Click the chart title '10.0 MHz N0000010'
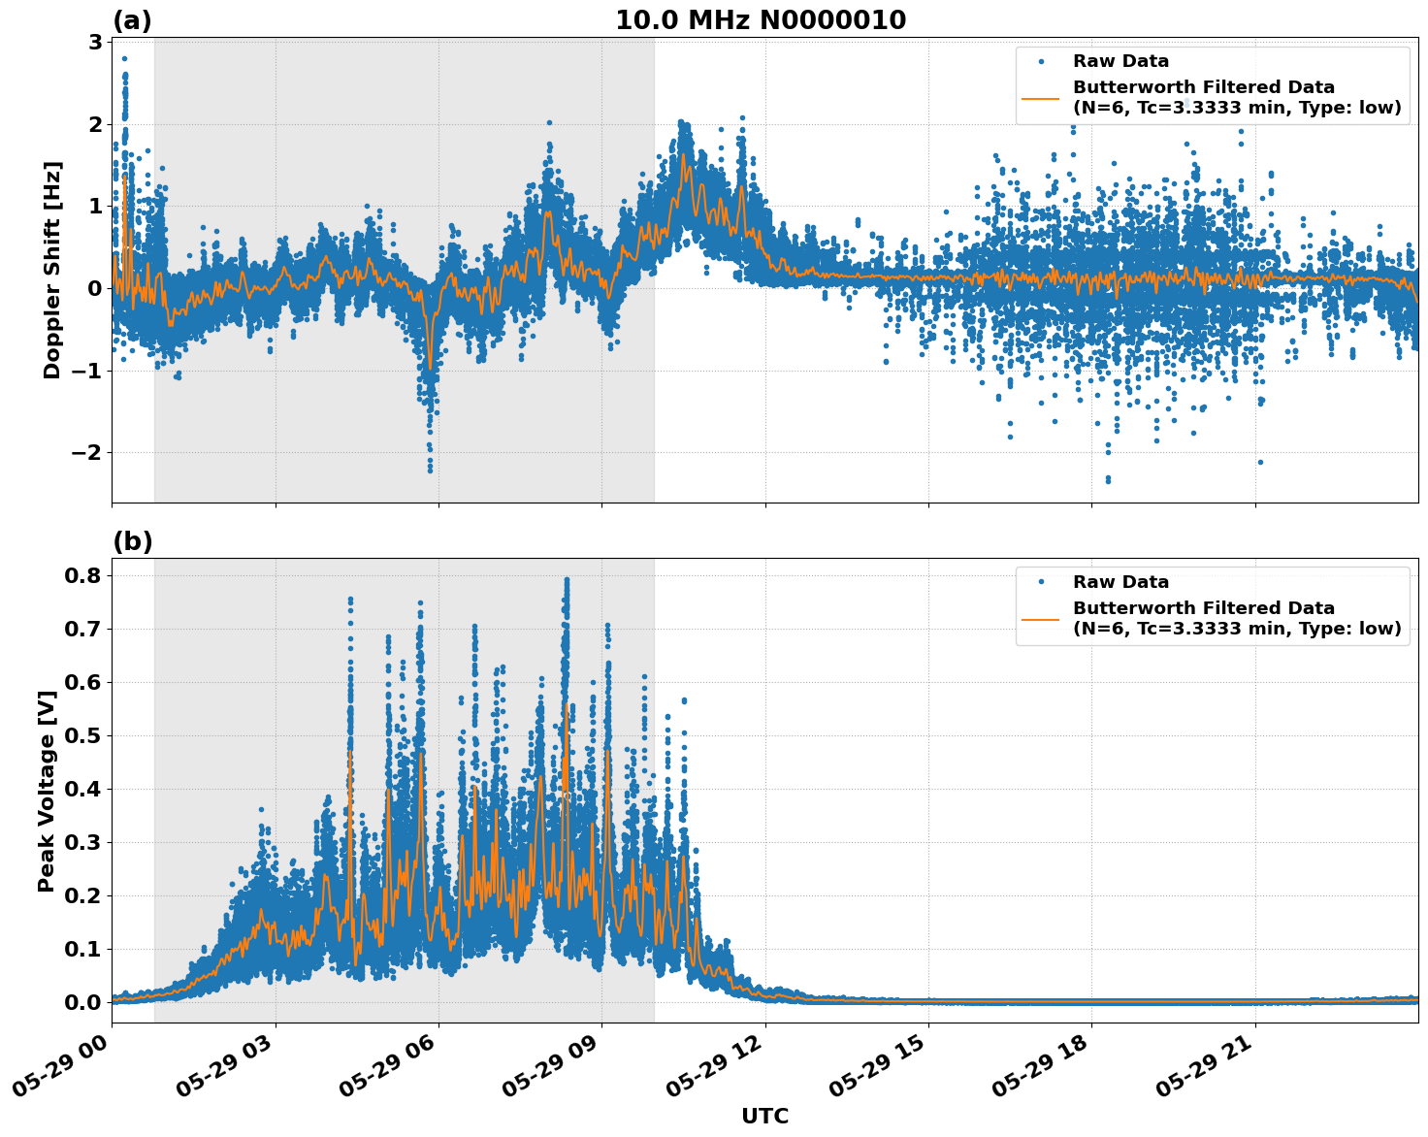pyautogui.click(x=761, y=20)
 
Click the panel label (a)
pyautogui.click(x=132, y=20)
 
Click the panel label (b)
pyautogui.click(x=132, y=541)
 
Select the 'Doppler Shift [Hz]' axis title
pyautogui.click(x=52, y=270)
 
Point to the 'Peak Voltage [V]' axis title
pyautogui.click(x=46, y=791)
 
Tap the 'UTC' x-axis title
pyautogui.click(x=764, y=1116)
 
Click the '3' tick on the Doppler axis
pyautogui.click(x=95, y=42)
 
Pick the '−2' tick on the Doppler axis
pyautogui.click(x=84, y=453)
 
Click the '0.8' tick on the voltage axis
pyautogui.click(x=82, y=575)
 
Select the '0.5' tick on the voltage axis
pyautogui.click(x=82, y=735)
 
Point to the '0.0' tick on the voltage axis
pyautogui.click(x=82, y=1002)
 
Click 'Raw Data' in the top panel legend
pyautogui.click(x=1120, y=62)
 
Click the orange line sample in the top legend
pyautogui.click(x=1040, y=98)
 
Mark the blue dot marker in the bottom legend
pyautogui.click(x=1040, y=582)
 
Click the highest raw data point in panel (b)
pyautogui.click(x=567, y=579)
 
